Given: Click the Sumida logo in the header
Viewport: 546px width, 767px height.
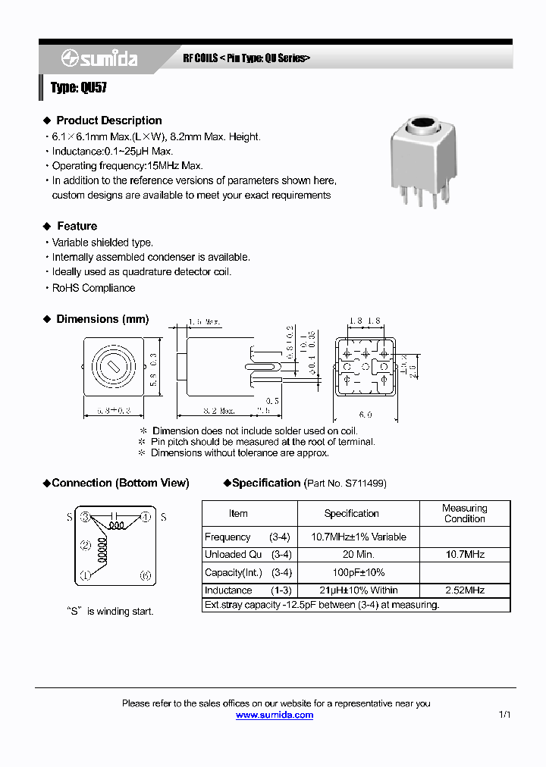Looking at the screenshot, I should [99, 58].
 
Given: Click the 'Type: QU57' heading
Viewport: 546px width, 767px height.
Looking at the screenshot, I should [79, 88].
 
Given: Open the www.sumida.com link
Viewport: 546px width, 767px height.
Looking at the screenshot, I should [274, 715].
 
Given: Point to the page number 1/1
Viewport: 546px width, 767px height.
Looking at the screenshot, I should [505, 715].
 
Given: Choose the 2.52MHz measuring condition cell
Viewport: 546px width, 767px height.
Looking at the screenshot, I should [464, 590].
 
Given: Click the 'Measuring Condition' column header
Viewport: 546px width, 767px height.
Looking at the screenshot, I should [464, 513].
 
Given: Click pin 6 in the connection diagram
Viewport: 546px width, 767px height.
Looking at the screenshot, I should [146, 575].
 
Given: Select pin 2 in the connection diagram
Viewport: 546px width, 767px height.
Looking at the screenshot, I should [86, 545].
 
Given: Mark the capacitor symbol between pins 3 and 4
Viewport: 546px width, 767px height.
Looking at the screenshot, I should [115, 518].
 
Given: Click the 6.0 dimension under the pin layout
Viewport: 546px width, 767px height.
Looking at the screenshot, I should [366, 415].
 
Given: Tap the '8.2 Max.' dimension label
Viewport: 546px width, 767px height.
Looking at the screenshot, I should [217, 411].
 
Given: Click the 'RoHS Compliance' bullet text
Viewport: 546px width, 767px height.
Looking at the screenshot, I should [93, 288].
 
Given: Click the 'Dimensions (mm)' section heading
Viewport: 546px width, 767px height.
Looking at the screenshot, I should [102, 319].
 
